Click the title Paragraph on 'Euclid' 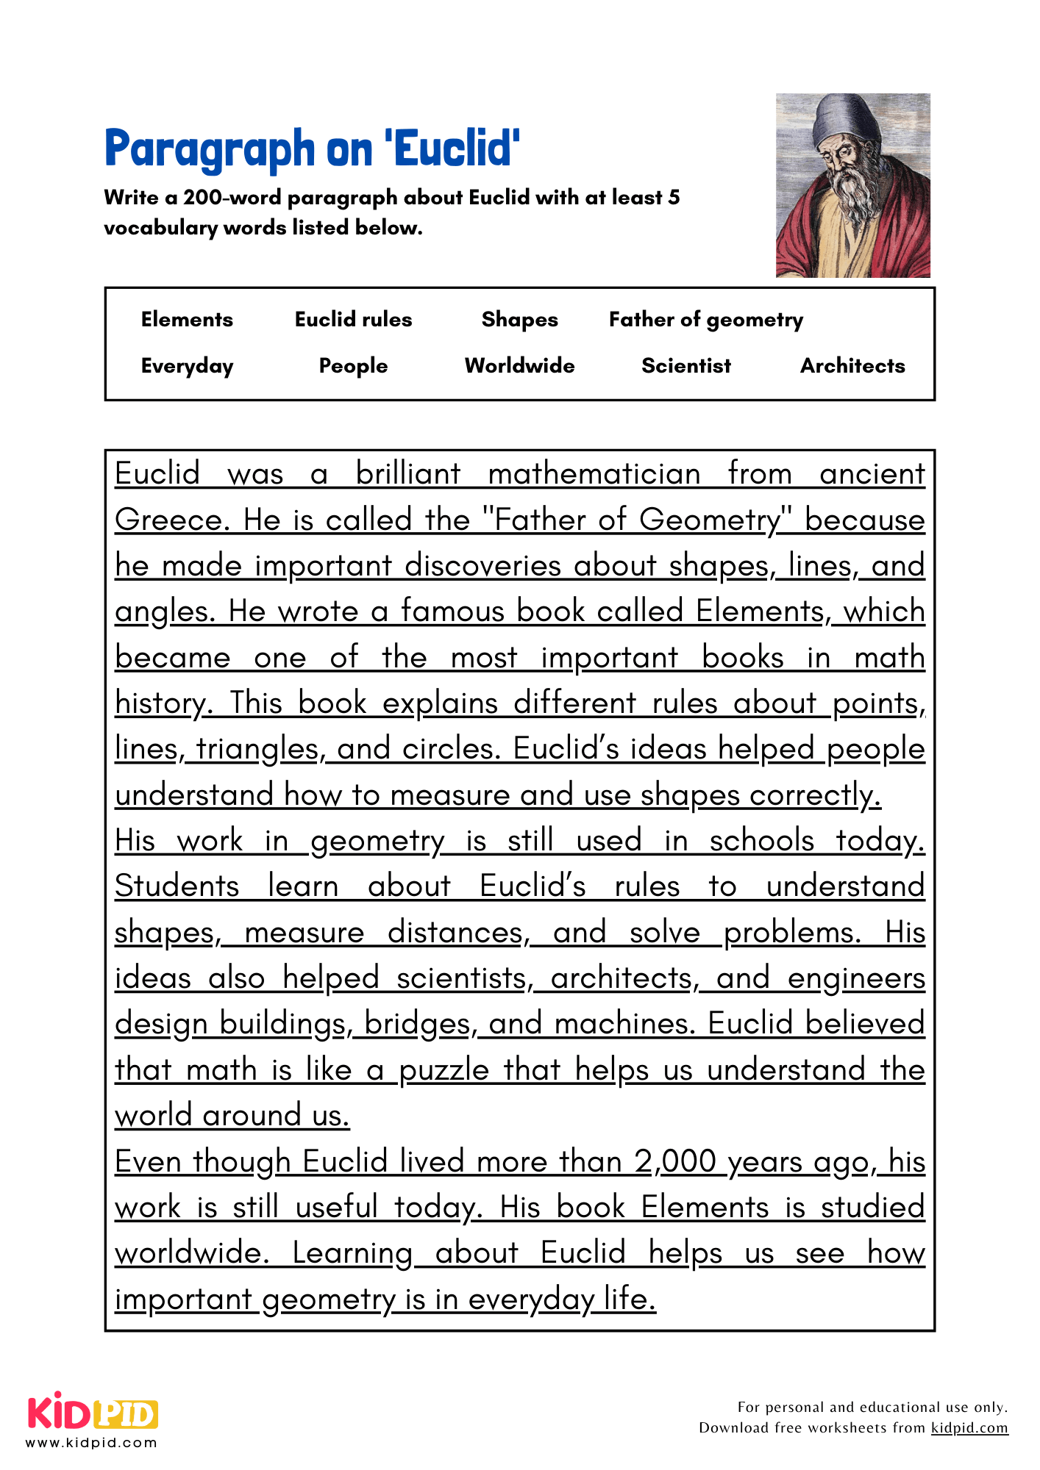click(x=313, y=148)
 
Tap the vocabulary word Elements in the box click(x=187, y=320)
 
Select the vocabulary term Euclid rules click(x=353, y=320)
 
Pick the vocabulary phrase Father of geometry click(x=705, y=320)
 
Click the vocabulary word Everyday click(x=187, y=366)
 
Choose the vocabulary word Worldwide click(x=519, y=366)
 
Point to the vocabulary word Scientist click(x=685, y=366)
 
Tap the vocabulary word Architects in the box click(x=852, y=366)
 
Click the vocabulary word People click(x=353, y=366)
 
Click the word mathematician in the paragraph click(x=594, y=474)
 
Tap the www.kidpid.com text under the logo click(x=92, y=1443)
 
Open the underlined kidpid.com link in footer click(x=969, y=1427)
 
